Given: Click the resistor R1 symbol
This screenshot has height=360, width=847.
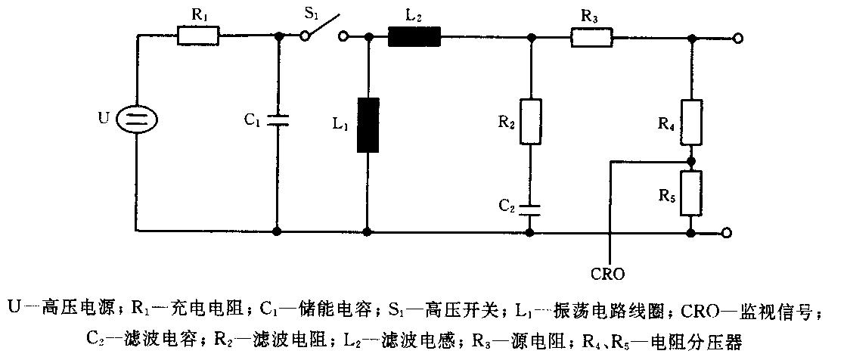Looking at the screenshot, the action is tap(198, 37).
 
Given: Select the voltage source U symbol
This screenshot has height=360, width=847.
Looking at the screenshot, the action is tap(137, 119).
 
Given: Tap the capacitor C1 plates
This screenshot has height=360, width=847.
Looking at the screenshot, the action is tap(278, 119).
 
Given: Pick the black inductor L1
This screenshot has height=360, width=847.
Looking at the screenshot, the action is tap(368, 125).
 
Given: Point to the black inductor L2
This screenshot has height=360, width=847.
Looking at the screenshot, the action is tap(415, 37).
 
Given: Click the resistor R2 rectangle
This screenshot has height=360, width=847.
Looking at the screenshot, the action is tap(530, 122).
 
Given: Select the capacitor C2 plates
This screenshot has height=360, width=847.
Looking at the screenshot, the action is tap(530, 209).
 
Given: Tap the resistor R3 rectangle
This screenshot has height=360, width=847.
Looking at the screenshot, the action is tap(591, 37).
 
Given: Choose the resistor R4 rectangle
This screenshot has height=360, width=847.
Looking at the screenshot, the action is tap(691, 123).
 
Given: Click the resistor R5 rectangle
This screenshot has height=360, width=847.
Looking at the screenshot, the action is tap(691, 192).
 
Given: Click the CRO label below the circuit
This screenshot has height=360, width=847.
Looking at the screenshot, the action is tap(609, 274).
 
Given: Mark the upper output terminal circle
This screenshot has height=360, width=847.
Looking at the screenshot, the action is tap(738, 38).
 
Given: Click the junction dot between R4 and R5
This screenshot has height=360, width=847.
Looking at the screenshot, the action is tap(691, 161).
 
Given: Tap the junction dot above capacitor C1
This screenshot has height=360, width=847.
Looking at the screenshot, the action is tap(278, 37).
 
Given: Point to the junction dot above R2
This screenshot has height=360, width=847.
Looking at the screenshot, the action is tap(530, 37).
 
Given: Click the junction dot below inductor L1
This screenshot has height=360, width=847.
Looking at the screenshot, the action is tap(368, 232).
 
